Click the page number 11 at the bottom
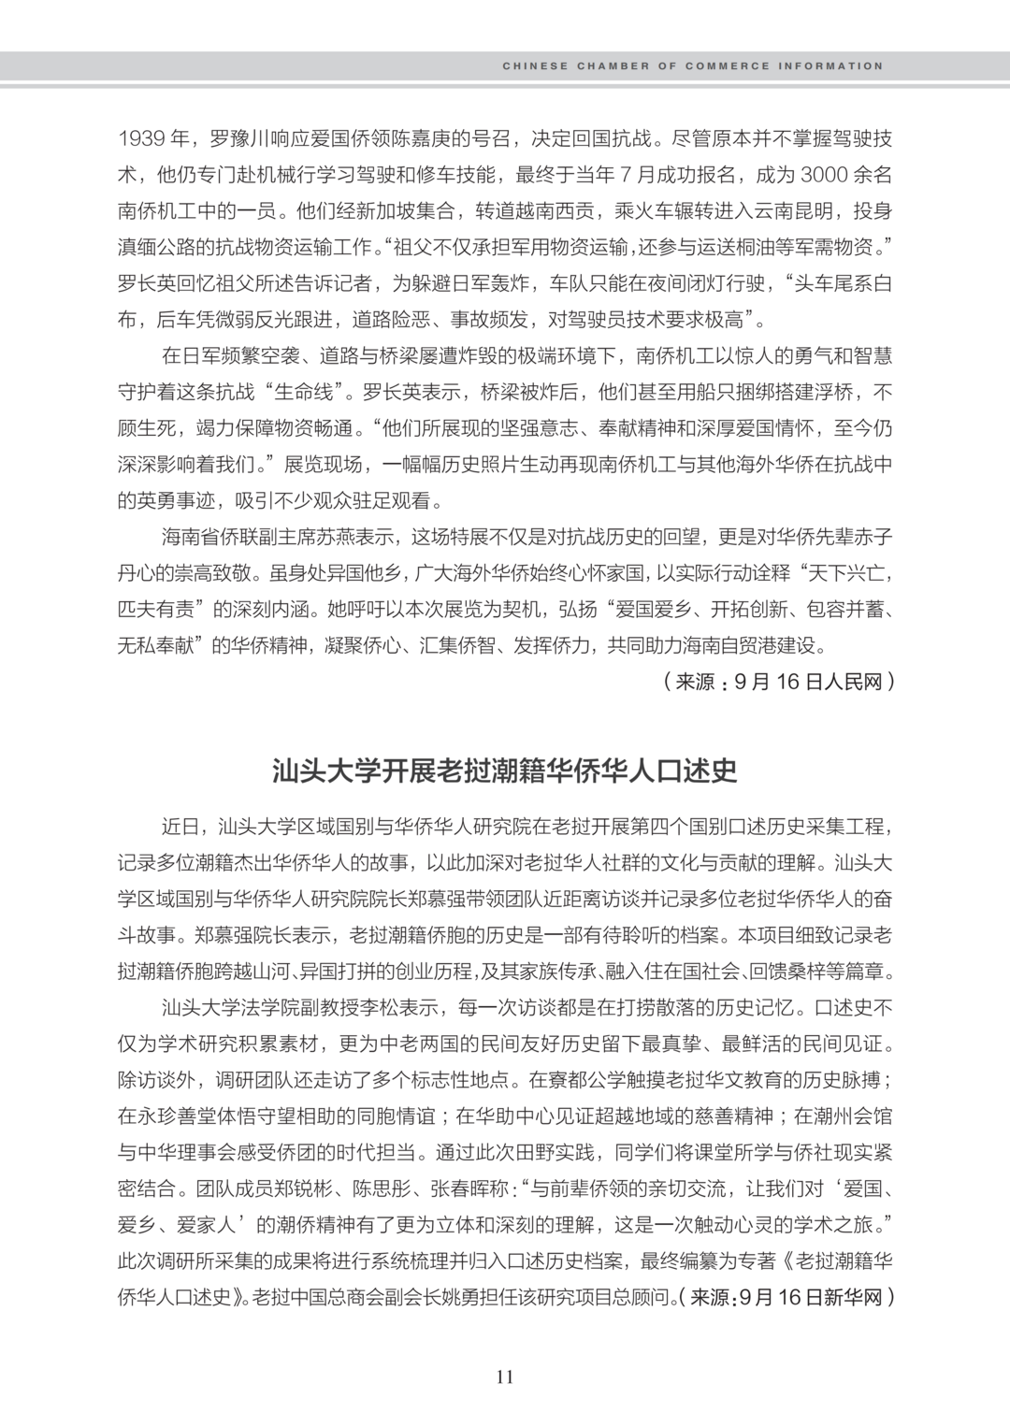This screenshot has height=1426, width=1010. [505, 1376]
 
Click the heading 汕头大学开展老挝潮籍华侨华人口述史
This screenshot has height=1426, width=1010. [505, 770]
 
